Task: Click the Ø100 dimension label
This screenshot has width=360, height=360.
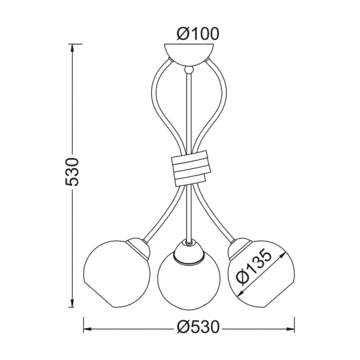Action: click(198, 33)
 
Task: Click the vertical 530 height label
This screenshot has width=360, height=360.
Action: click(72, 171)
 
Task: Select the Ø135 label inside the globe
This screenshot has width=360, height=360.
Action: click(253, 268)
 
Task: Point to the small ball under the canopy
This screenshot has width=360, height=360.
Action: click(189, 70)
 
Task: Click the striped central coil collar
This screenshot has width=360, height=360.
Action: click(191, 168)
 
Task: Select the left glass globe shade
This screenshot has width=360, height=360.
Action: click(117, 274)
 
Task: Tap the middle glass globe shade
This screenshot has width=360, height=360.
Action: click(189, 281)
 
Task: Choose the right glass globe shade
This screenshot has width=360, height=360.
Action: click(261, 274)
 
